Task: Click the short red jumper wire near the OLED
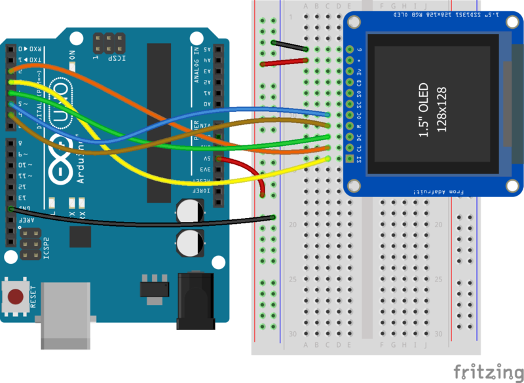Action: click(x=286, y=62)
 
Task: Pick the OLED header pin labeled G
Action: click(x=349, y=49)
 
